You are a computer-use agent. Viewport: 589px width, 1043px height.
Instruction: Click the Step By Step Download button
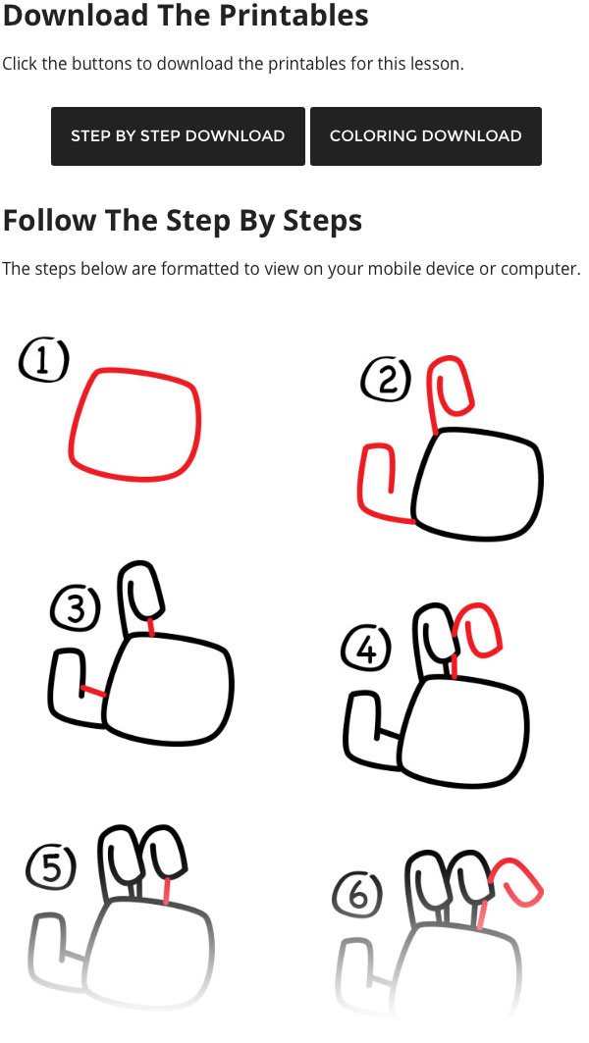click(178, 135)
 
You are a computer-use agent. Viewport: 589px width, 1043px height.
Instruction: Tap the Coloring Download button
click(426, 135)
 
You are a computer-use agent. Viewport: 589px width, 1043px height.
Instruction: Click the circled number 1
click(44, 360)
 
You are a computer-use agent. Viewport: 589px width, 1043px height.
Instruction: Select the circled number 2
click(386, 380)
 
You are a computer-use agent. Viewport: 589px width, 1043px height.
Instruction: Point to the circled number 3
click(76, 608)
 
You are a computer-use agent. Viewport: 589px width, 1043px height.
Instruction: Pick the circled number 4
click(367, 650)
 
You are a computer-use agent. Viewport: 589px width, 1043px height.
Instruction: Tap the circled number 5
click(51, 869)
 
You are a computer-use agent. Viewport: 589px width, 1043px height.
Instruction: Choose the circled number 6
click(357, 895)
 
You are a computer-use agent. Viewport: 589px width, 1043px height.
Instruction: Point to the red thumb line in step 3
click(93, 692)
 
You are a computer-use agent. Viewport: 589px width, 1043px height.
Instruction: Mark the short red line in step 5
click(166, 891)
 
